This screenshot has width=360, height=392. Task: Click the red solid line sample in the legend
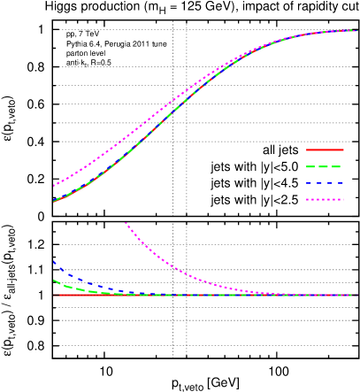(325, 150)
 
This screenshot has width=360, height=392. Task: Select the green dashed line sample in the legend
(325, 166)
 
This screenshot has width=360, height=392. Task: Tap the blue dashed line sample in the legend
(325, 183)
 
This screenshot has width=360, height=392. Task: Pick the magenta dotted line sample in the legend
(325, 200)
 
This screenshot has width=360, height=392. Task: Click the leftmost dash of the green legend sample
(311, 166)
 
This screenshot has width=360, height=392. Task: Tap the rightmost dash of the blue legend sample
(340, 183)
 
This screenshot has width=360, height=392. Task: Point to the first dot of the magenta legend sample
(308, 200)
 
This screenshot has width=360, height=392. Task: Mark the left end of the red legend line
(307, 150)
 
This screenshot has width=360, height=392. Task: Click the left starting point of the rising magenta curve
(54, 187)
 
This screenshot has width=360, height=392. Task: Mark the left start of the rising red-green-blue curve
(54, 202)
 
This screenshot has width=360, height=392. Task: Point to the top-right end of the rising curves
(356, 31)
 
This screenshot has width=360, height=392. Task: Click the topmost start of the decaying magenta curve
(126, 223)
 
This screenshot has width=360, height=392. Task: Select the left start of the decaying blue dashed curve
(54, 261)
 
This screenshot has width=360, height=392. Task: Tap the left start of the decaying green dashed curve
(54, 280)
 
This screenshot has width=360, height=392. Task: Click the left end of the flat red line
(54, 295)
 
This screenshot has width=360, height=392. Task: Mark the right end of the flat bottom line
(356, 295)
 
